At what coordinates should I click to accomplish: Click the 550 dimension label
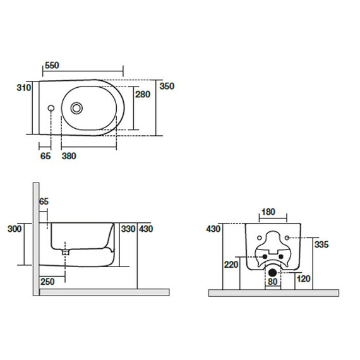pyautogui.click(x=52, y=66)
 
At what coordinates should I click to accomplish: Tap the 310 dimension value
pyautogui.click(x=23, y=88)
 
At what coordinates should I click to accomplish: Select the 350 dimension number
pyautogui.click(x=167, y=87)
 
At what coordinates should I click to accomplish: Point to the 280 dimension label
pyautogui.click(x=143, y=94)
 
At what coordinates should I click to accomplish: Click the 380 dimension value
pyautogui.click(x=69, y=156)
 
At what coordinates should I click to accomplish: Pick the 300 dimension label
pyautogui.click(x=15, y=229)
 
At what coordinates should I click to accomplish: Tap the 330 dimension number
pyautogui.click(x=128, y=229)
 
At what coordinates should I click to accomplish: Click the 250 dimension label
pyautogui.click(x=47, y=282)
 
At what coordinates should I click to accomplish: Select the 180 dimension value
pyautogui.click(x=268, y=212)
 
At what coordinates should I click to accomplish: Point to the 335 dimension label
pyautogui.click(x=321, y=244)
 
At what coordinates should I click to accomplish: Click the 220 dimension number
pyautogui.click(x=231, y=265)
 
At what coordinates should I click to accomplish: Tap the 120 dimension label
pyautogui.click(x=304, y=279)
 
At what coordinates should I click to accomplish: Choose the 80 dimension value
pyautogui.click(x=272, y=282)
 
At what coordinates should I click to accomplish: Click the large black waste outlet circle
pyautogui.click(x=272, y=272)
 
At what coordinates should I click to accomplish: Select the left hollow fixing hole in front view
pyautogui.click(x=260, y=238)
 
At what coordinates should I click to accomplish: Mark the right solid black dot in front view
pyautogui.click(x=281, y=256)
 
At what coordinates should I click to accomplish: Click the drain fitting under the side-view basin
pyautogui.click(x=66, y=253)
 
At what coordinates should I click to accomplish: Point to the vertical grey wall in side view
pyautogui.click(x=36, y=239)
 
